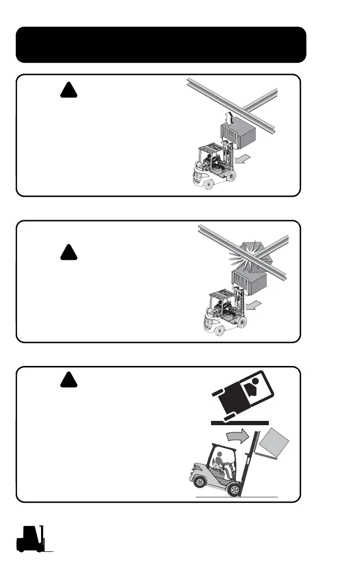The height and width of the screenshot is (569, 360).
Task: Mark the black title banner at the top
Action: (161, 45)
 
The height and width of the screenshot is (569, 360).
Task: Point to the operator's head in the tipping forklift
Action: (220, 457)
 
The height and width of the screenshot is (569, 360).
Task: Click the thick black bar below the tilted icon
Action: (240, 423)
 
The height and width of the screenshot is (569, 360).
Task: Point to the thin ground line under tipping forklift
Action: (237, 497)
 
